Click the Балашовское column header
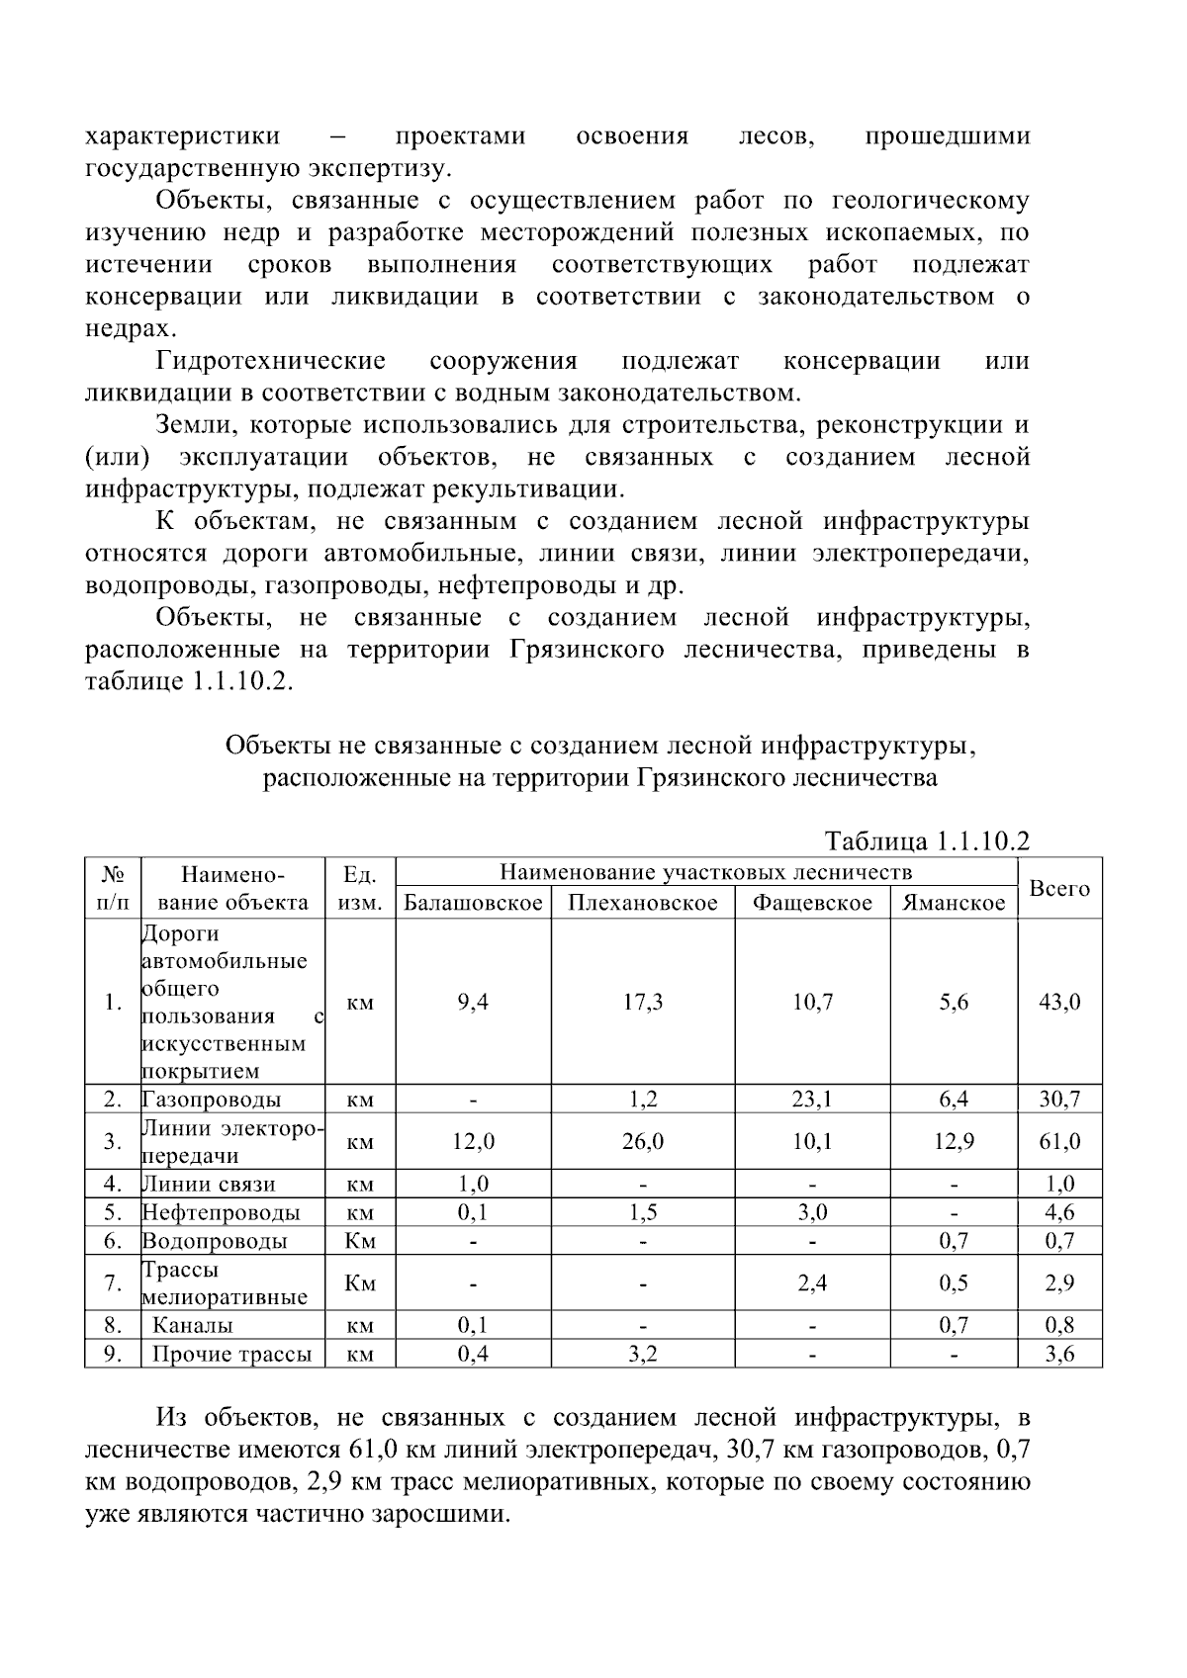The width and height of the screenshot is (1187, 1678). pyautogui.click(x=473, y=903)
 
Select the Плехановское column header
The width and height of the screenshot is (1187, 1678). pyautogui.click(x=643, y=903)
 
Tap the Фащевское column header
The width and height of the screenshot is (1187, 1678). pyautogui.click(x=812, y=903)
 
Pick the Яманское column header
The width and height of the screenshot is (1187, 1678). pyautogui.click(x=955, y=903)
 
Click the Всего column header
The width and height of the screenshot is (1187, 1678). pyautogui.click(x=1059, y=888)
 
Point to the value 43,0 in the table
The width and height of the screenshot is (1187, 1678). pyautogui.click(x=1059, y=1002)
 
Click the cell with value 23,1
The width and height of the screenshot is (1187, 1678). pyautogui.click(x=812, y=1099)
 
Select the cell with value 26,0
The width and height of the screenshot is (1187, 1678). pyautogui.click(x=643, y=1142)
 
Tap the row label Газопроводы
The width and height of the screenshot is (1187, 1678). pyautogui.click(x=212, y=1100)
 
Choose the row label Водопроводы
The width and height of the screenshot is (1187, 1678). pyautogui.click(x=215, y=1241)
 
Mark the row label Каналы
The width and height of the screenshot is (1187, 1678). pyautogui.click(x=193, y=1325)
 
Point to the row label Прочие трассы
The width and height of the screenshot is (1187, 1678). pyautogui.click(x=231, y=1355)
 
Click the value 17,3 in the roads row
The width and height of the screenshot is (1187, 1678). pyautogui.click(x=643, y=1002)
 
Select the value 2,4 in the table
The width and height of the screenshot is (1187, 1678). pyautogui.click(x=812, y=1283)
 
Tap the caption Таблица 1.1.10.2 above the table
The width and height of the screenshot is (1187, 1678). pyautogui.click(x=927, y=841)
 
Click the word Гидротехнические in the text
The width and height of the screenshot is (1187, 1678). pyautogui.click(x=270, y=360)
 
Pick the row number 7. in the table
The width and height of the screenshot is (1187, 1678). pyautogui.click(x=113, y=1283)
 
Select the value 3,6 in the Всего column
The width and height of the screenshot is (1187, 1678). pyautogui.click(x=1059, y=1355)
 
